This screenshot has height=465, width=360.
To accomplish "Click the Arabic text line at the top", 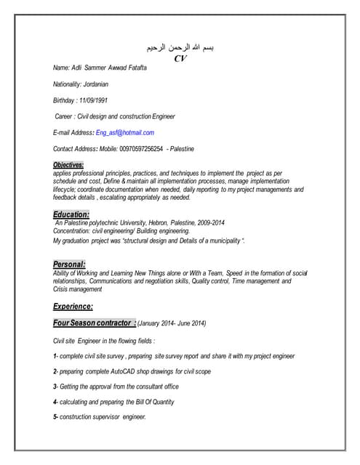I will (x=180, y=48).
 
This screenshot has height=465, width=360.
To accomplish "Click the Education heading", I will (x=71, y=214).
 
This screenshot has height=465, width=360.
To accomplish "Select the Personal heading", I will (x=69, y=264).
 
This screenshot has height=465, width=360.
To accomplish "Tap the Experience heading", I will (x=73, y=306).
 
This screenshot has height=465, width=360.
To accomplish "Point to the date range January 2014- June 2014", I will (x=172, y=323).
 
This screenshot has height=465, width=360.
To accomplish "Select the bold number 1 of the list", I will (x=55, y=356).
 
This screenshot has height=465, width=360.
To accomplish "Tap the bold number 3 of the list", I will (x=55, y=387).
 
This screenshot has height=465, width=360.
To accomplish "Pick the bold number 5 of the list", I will (x=55, y=417).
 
